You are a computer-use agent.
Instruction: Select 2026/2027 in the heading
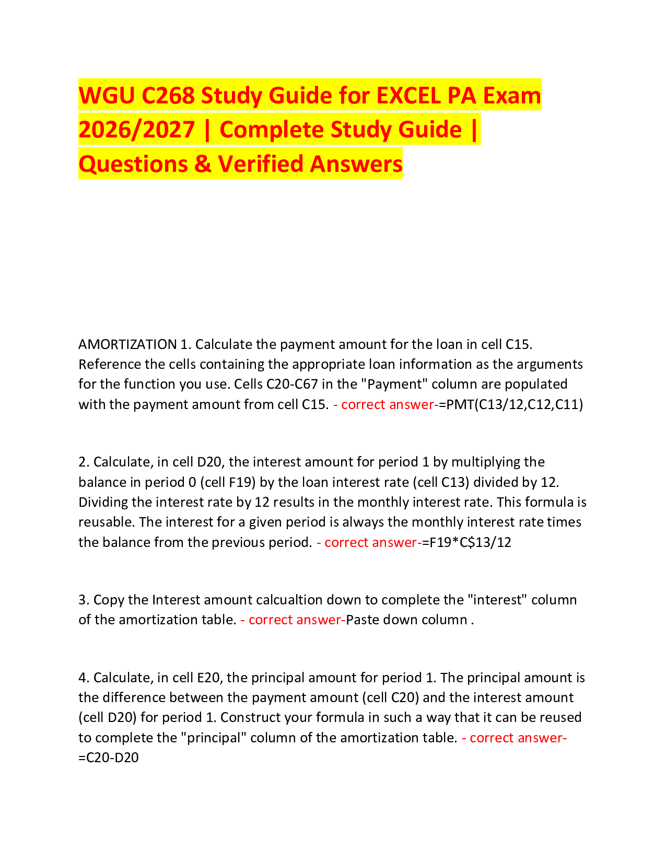(136, 130)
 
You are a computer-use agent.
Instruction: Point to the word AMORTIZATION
(127, 344)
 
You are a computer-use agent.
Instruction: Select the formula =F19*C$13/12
(467, 542)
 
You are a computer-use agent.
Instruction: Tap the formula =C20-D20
(109, 758)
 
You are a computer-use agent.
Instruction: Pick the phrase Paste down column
(407, 620)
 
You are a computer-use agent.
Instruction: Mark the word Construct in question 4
(250, 717)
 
